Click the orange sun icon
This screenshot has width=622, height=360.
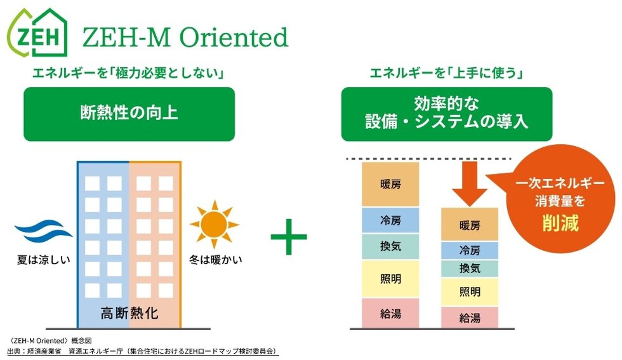click(x=215, y=223)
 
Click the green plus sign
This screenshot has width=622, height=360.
click(x=289, y=236)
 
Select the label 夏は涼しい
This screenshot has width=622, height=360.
click(x=43, y=260)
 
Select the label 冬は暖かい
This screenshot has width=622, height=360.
click(x=215, y=260)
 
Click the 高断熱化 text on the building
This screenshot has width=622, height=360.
click(x=129, y=313)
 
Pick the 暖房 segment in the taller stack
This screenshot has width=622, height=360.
click(x=390, y=184)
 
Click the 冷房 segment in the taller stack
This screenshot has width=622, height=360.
click(x=390, y=220)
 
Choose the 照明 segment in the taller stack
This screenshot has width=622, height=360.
click(x=390, y=279)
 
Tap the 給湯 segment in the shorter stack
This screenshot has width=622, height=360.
click(x=469, y=317)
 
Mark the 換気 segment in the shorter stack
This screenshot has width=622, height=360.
click(x=469, y=269)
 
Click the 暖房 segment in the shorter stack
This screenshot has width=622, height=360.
click(x=469, y=225)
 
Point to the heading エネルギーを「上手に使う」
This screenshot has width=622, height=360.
click(x=446, y=74)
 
